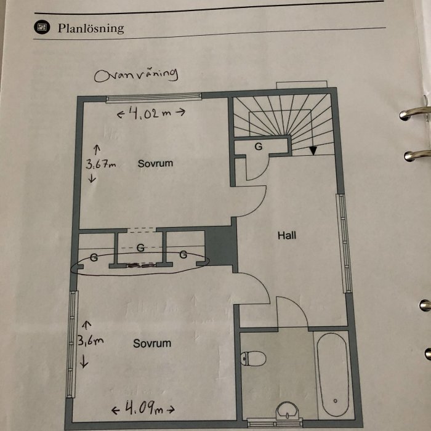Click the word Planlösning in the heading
91,28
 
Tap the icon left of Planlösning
42,27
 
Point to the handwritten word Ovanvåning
136,75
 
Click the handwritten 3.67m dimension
99,164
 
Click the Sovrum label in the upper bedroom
155,164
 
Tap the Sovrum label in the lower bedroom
152,343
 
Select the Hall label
288,235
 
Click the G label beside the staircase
258,147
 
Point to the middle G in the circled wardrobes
140,248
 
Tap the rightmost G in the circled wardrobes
183,254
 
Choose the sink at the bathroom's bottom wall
286,410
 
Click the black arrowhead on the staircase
313,150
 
